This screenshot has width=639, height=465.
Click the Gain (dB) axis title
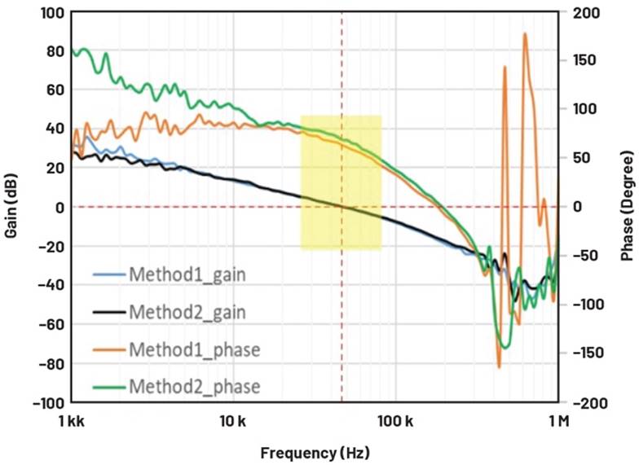coord(11,208)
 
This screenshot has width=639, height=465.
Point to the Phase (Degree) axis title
coord(627,208)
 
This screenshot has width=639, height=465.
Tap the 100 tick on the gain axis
coord(51,12)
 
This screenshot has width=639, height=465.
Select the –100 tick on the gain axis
coord(48,402)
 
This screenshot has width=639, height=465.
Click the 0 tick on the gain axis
coord(59,208)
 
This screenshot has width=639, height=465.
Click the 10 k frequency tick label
coord(234,421)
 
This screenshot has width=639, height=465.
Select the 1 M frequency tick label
coord(558,421)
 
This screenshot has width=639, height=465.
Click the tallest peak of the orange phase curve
coord(525,34)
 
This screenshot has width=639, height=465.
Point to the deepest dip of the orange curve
coord(499,366)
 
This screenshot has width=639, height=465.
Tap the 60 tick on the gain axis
coord(55,90)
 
